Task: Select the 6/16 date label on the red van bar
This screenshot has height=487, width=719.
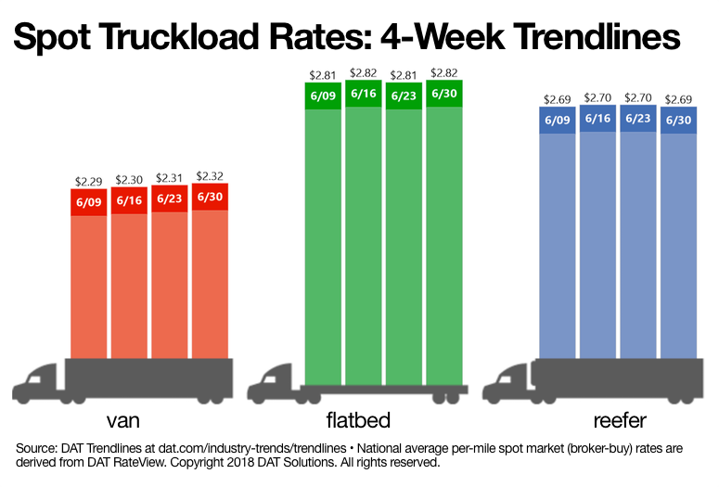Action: (x=129, y=201)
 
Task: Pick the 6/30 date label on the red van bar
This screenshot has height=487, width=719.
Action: (x=210, y=198)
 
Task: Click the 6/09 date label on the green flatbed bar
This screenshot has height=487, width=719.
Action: (x=324, y=96)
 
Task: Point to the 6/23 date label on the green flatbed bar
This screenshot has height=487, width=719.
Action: (x=404, y=96)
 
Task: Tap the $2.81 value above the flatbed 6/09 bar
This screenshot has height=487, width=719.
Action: (x=324, y=73)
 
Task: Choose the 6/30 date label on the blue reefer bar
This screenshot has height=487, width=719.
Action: (x=678, y=120)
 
